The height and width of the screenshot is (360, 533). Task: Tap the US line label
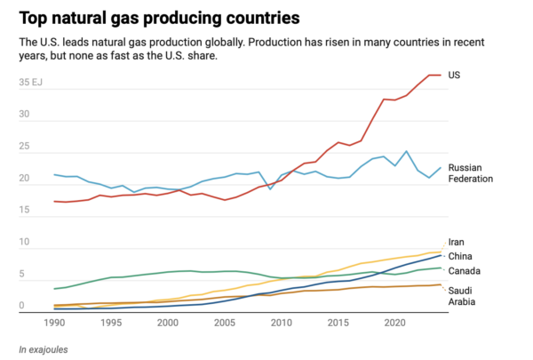[x=454, y=76]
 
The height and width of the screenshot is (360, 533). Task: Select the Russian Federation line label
[x=470, y=173]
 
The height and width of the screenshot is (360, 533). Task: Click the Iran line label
[x=457, y=242]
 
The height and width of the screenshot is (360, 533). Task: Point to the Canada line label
[x=465, y=271]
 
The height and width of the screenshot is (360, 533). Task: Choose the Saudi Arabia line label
[x=461, y=296]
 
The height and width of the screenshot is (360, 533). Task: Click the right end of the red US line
[x=441, y=75]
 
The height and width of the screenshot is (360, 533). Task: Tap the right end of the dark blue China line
[x=441, y=256]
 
